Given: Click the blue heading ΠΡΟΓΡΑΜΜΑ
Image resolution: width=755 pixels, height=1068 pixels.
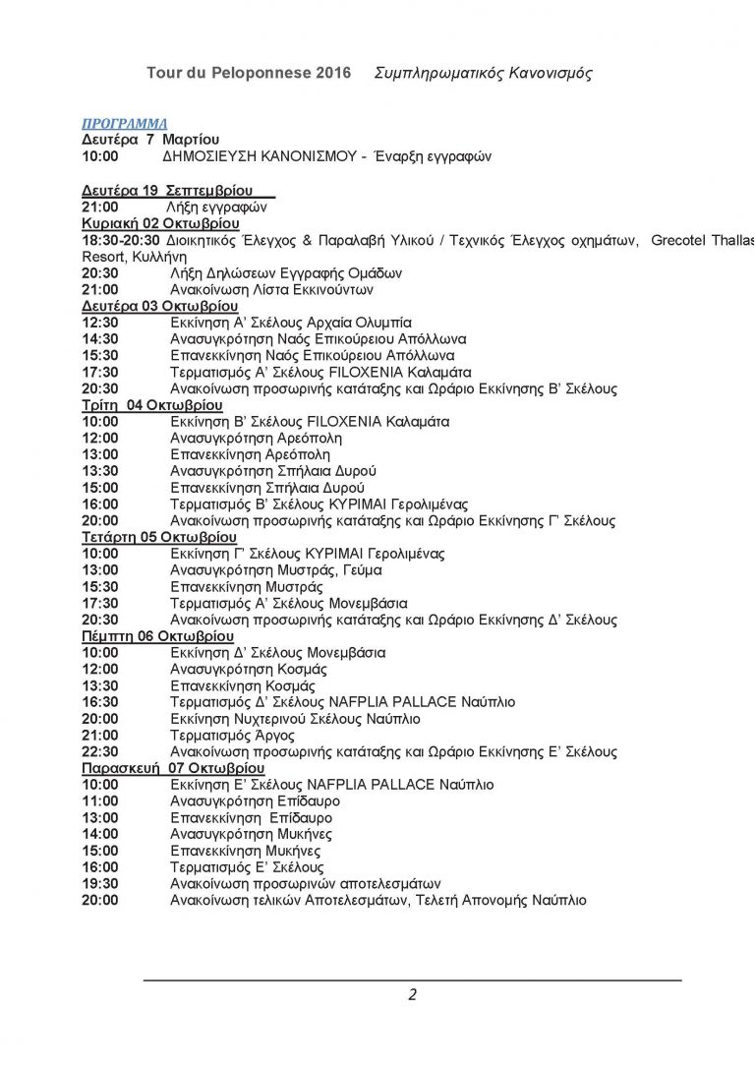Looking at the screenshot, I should [x=124, y=123].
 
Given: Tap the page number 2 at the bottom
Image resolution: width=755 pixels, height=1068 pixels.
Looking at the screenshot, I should [x=413, y=994].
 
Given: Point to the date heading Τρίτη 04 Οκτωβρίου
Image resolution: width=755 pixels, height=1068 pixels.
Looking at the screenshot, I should [x=152, y=405].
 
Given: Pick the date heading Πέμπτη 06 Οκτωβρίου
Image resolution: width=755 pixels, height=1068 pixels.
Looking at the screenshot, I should [x=157, y=636].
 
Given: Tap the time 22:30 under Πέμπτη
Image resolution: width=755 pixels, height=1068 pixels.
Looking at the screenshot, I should [x=99, y=752].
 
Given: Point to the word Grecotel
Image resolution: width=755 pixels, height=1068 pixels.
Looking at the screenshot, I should [x=681, y=240].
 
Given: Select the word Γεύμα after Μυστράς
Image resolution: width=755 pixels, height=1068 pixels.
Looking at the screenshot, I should [x=360, y=570].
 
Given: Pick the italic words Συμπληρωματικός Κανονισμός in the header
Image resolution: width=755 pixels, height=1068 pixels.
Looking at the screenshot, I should [x=484, y=74].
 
